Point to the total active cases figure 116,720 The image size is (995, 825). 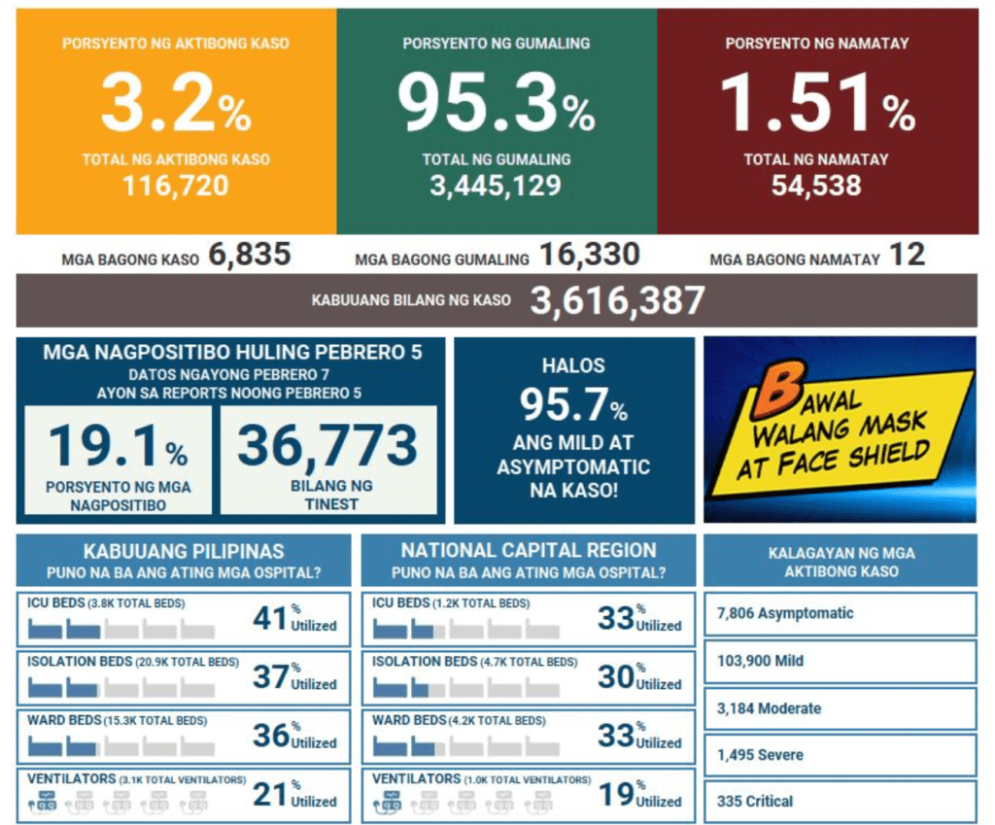click(x=176, y=185)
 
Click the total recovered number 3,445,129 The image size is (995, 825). click(x=496, y=185)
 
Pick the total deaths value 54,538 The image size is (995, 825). click(x=816, y=185)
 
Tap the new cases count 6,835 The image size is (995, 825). click(x=249, y=256)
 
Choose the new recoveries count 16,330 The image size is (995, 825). click(x=589, y=256)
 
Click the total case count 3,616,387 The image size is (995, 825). click(x=617, y=301)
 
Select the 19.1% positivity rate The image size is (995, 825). click(x=118, y=446)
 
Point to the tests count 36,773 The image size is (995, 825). click(x=327, y=446)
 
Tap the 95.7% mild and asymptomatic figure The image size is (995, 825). click(x=573, y=404)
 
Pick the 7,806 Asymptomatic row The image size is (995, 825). click(x=840, y=613)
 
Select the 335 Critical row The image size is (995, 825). click(x=840, y=802)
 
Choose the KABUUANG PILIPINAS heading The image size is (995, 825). click(x=184, y=551)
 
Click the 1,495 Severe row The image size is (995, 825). click(x=840, y=755)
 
